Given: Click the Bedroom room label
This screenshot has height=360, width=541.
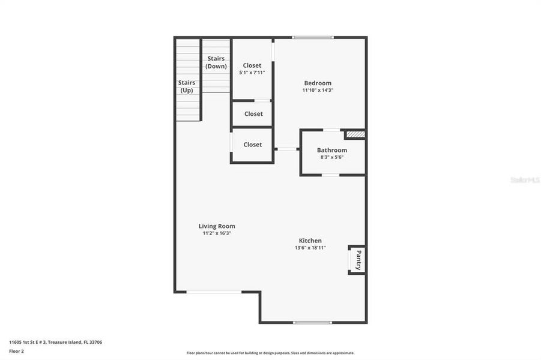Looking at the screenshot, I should click(318, 83).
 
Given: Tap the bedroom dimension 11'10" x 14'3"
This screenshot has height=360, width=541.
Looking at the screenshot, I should click(318, 90).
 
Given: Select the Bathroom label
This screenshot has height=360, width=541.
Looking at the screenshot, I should click(332, 151).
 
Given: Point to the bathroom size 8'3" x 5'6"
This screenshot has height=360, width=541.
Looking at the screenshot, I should click(332, 157).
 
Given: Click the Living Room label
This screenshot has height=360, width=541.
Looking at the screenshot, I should click(217, 226).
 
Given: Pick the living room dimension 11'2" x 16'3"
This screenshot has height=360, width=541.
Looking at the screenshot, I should click(217, 233).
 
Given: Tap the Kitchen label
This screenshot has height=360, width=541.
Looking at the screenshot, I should click(310, 241).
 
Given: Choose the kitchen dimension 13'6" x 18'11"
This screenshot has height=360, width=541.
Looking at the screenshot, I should click(310, 247).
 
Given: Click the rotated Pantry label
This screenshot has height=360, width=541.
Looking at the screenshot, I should click(358, 260).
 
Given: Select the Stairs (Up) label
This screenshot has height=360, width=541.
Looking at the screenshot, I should click(187, 86).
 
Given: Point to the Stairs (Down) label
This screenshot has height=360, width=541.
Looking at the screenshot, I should click(216, 62).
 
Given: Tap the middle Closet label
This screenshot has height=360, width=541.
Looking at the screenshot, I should click(253, 114).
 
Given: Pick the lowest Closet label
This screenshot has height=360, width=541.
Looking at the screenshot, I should click(253, 145).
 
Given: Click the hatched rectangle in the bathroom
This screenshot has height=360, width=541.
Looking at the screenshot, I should click(355, 134).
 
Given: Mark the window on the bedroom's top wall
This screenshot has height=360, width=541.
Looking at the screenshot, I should click(313, 38).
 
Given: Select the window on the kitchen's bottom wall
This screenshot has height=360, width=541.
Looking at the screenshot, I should click(312, 323).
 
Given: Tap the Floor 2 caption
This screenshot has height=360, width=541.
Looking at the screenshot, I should click(16, 351).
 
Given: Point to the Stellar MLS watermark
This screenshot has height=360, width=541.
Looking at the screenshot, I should click(525, 179).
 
